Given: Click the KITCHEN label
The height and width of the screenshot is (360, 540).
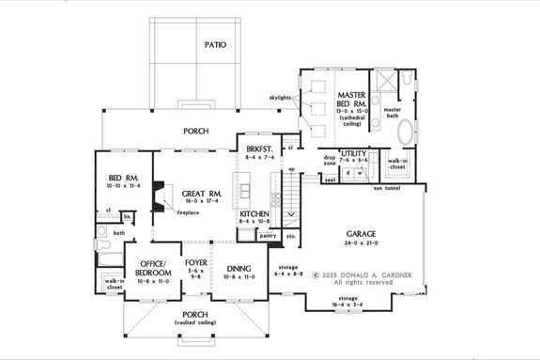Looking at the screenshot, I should tap(255, 215).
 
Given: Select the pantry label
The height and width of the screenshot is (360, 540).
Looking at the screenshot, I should tap(268, 236).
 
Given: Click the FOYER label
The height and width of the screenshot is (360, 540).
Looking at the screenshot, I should tap(195, 263).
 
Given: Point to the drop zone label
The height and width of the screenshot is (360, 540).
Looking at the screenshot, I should tap(330, 161).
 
